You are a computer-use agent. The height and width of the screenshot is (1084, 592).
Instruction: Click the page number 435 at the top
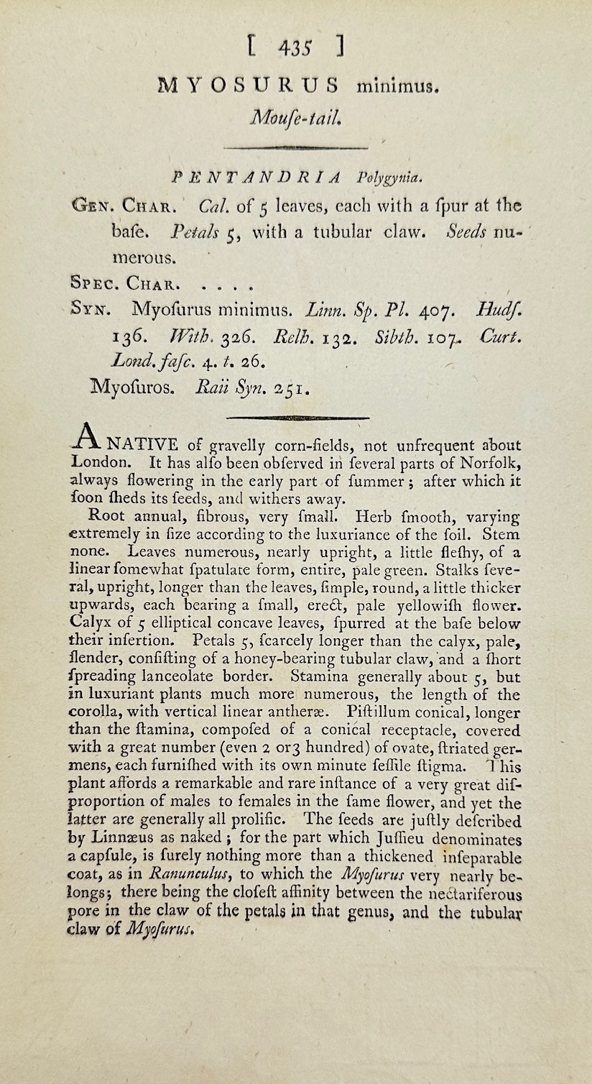[x=295, y=47]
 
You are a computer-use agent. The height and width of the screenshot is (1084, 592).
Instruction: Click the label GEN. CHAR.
[x=121, y=207]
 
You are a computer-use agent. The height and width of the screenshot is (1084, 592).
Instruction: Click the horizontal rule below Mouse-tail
[x=295, y=148]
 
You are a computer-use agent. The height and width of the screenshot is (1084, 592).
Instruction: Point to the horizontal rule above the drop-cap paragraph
[x=297, y=418]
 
